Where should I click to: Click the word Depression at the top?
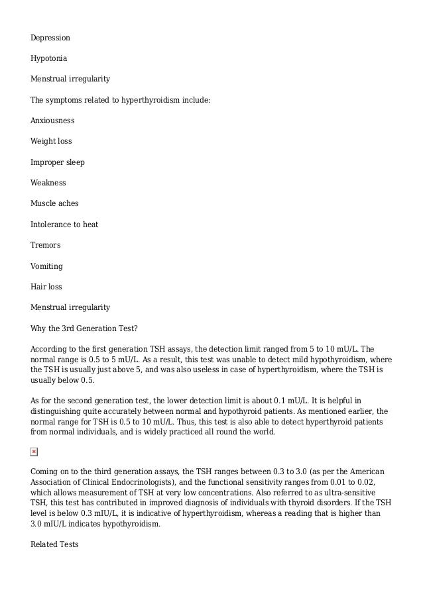pyautogui.click(x=50, y=38)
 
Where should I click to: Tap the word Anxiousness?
pyautogui.click(x=52, y=121)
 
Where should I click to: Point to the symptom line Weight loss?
pyautogui.click(x=51, y=142)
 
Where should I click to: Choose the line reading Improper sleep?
pyautogui.click(x=58, y=162)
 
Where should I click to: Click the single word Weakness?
pyautogui.click(x=48, y=183)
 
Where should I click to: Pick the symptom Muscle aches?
pyautogui.click(x=54, y=204)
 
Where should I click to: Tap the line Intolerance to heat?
pyautogui.click(x=64, y=224)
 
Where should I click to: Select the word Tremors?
pyautogui.click(x=46, y=245)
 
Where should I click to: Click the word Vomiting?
pyautogui.click(x=46, y=266)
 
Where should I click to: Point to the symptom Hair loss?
pyautogui.click(x=46, y=287)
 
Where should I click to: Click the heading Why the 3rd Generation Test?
pyautogui.click(x=84, y=328)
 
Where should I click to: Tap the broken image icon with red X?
pyautogui.click(x=34, y=452)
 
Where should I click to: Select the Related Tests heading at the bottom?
pyautogui.click(x=54, y=544)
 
